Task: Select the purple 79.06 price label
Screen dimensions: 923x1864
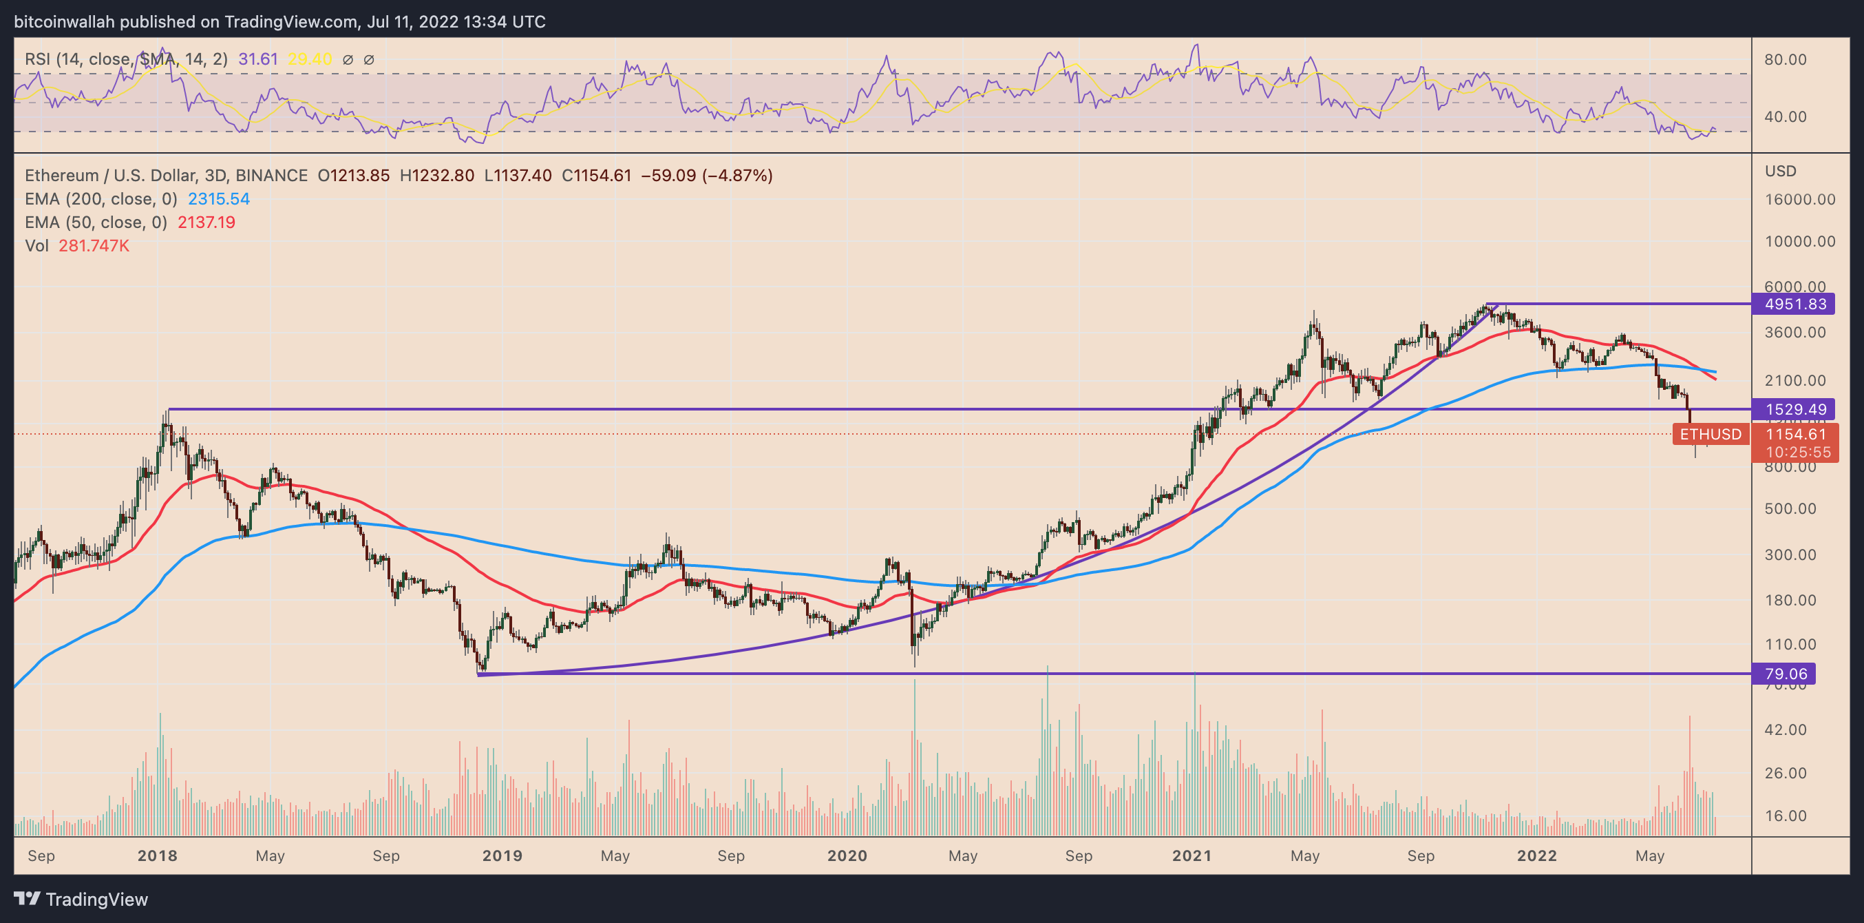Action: click(x=1784, y=674)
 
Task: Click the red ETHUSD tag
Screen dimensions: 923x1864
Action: click(x=1710, y=435)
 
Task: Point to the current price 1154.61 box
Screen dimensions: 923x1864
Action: click(x=1795, y=435)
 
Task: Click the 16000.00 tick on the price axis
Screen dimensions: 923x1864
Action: click(x=1799, y=199)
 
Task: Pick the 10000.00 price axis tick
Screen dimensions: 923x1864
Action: click(x=1799, y=241)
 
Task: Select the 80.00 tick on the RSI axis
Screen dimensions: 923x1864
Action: click(x=1784, y=59)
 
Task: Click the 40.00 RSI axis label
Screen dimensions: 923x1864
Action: click(x=1784, y=116)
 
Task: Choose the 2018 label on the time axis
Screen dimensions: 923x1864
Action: click(x=157, y=855)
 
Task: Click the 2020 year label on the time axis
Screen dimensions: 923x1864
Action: click(x=847, y=855)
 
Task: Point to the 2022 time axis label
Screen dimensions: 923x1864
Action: click(x=1536, y=855)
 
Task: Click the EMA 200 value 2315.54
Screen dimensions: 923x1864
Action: click(x=218, y=199)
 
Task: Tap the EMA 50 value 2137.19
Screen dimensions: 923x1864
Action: click(x=206, y=222)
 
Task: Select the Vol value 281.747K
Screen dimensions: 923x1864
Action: click(x=94, y=246)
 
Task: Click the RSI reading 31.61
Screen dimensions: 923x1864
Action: click(x=257, y=59)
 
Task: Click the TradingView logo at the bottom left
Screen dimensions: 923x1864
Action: click(x=81, y=899)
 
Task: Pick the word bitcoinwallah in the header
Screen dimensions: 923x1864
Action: click(x=64, y=22)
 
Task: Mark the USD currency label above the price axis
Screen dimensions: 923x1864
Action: click(x=1780, y=171)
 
